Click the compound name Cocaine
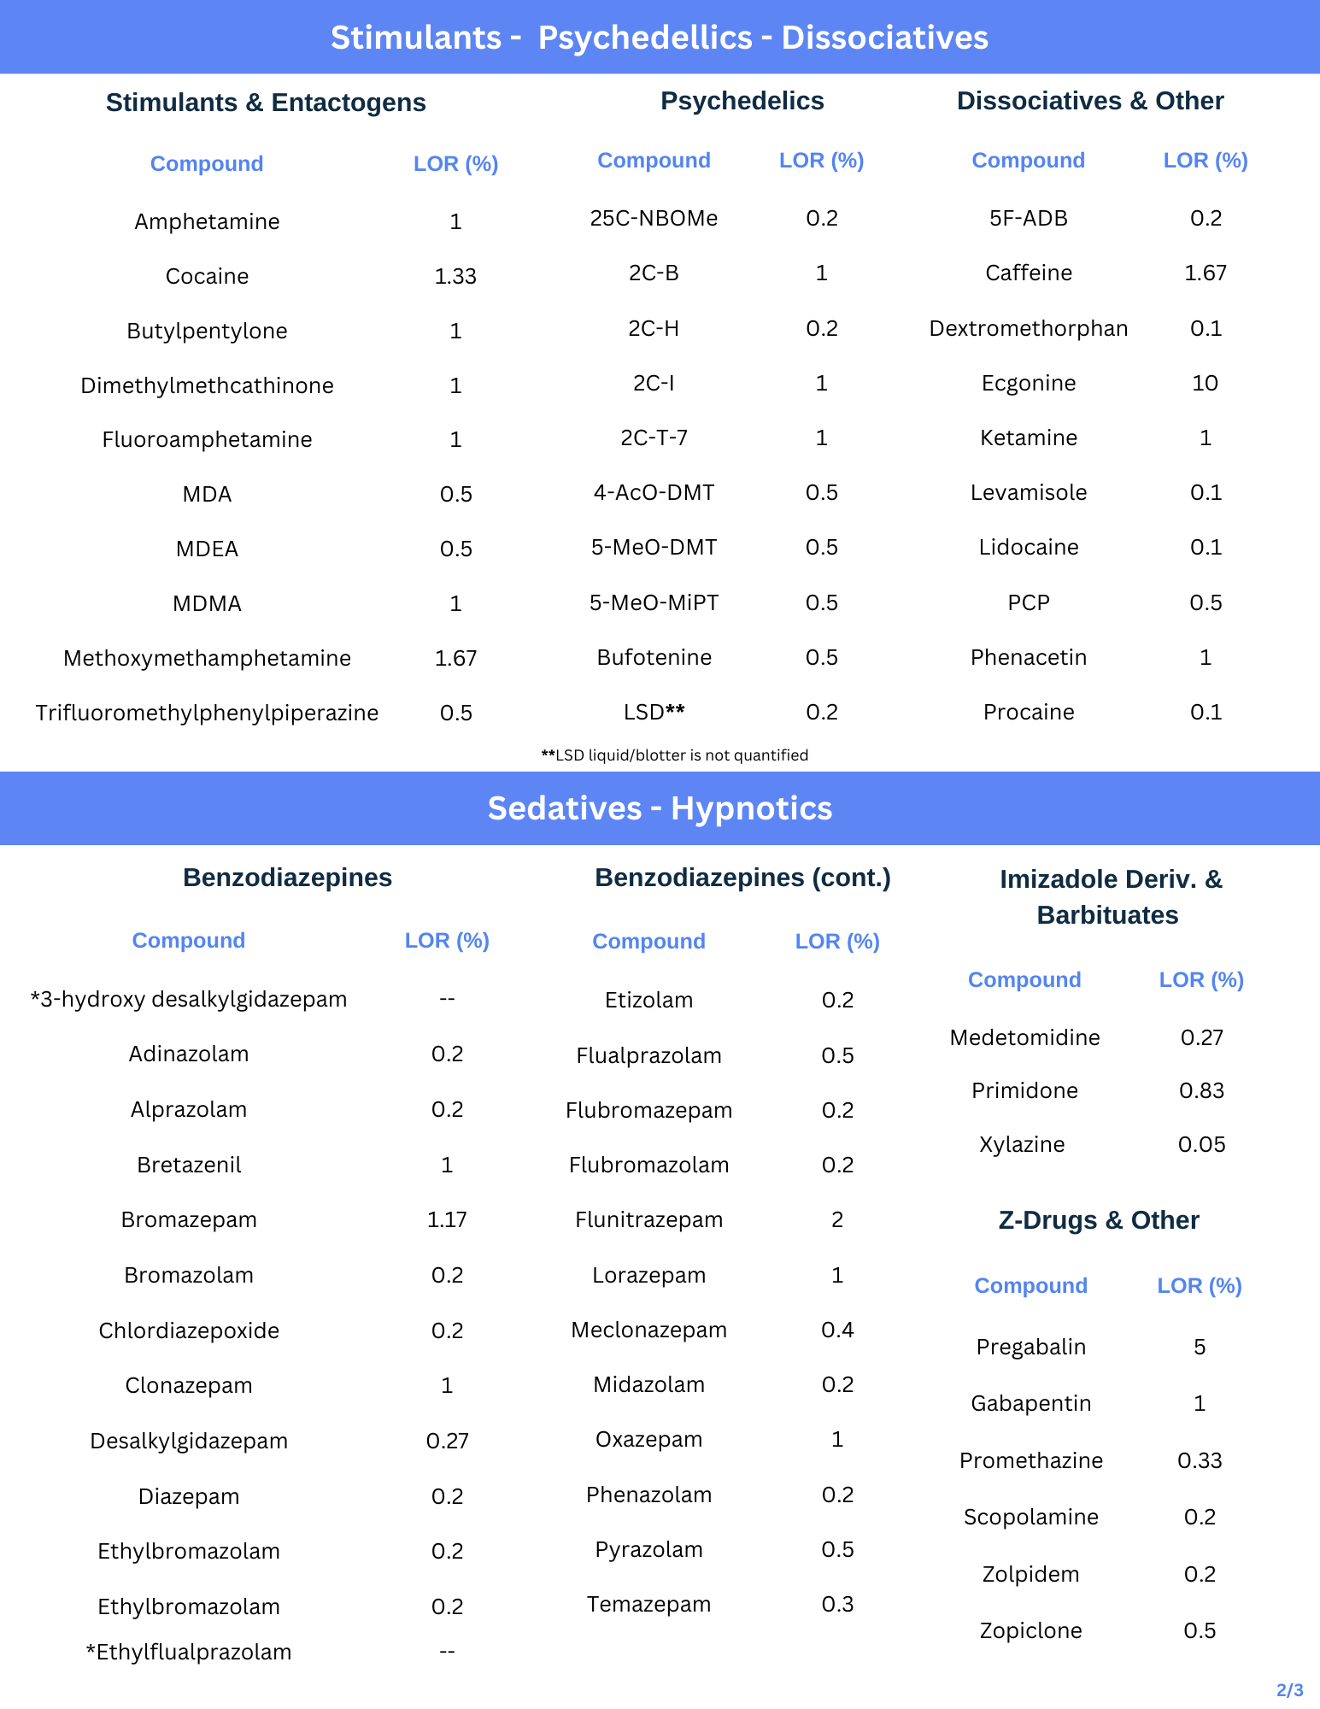pyautogui.click(x=207, y=276)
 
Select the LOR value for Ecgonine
pyautogui.click(x=1205, y=383)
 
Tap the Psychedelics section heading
pyautogui.click(x=742, y=101)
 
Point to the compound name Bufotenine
pyautogui.click(x=654, y=657)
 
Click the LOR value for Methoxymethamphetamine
pyautogui.click(x=455, y=658)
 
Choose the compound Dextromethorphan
pyautogui.click(x=1028, y=328)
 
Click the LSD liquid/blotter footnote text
pyautogui.click(x=674, y=755)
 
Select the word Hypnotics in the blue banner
pyautogui.click(x=751, y=808)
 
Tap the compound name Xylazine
pyautogui.click(x=1022, y=1144)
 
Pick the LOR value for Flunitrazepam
pyautogui.click(x=837, y=1219)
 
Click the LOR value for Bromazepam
pyautogui.click(x=447, y=1219)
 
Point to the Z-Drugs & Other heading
pyautogui.click(x=1098, y=1220)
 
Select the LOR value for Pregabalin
pyautogui.click(x=1200, y=1347)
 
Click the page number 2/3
pyautogui.click(x=1289, y=1690)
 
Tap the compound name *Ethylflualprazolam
pyautogui.click(x=189, y=1652)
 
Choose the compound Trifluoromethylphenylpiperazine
pyautogui.click(x=207, y=713)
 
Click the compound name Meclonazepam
pyautogui.click(x=648, y=1330)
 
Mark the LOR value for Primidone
pyautogui.click(x=1201, y=1090)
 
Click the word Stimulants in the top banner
pyautogui.click(x=415, y=38)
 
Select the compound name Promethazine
pyautogui.click(x=1030, y=1460)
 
